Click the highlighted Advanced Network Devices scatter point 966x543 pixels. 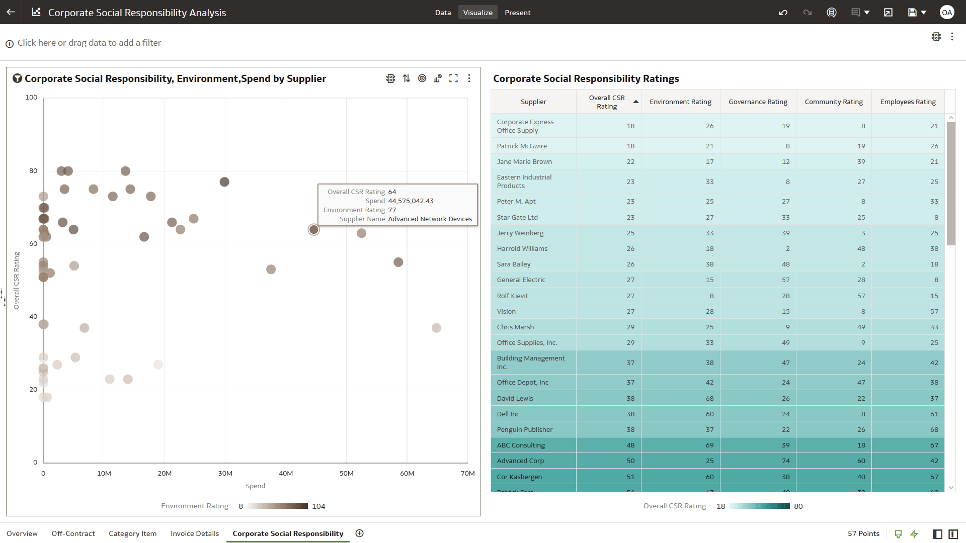point(314,230)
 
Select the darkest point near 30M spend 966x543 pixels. point(224,182)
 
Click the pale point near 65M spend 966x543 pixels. point(436,328)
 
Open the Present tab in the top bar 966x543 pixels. point(517,13)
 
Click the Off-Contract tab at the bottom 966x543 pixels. point(73,533)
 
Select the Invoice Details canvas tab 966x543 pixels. point(195,533)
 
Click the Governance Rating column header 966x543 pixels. point(758,102)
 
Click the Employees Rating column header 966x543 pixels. point(908,102)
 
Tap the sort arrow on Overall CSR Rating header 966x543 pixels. point(636,102)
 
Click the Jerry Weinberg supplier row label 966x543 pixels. point(520,233)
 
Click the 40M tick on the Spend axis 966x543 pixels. point(286,473)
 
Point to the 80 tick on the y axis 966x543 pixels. point(33,171)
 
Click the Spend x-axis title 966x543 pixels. point(255,486)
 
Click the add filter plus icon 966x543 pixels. point(10,44)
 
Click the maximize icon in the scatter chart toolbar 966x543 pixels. point(453,78)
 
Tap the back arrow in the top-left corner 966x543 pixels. point(11,12)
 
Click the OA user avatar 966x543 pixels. point(947,13)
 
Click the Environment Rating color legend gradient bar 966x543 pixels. point(277,506)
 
